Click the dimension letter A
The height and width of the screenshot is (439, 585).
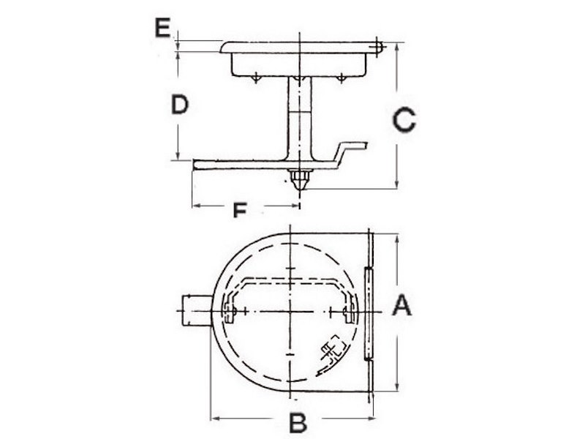[402, 305]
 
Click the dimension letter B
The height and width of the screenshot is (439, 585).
[296, 423]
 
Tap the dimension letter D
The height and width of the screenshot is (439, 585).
[180, 105]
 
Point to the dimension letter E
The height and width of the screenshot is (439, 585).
[162, 29]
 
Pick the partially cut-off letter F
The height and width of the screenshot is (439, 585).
[238, 211]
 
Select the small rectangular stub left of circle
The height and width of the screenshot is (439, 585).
[194, 310]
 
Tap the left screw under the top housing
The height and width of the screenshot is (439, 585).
[255, 78]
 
